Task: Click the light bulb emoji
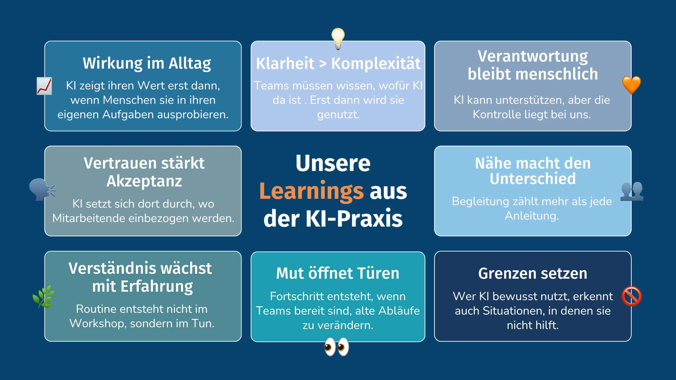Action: click(x=338, y=38)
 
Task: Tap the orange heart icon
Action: click(x=632, y=85)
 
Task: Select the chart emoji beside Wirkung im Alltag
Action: click(x=44, y=86)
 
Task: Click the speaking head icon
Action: click(x=42, y=190)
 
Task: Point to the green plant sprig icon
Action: click(x=44, y=296)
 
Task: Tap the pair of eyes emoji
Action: click(x=337, y=347)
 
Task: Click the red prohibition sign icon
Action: click(x=632, y=296)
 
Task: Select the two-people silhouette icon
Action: click(x=632, y=191)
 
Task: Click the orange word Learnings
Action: click(x=311, y=191)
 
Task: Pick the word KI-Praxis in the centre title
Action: click(x=354, y=218)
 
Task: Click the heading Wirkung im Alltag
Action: click(x=147, y=63)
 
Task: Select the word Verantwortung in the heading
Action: click(x=533, y=56)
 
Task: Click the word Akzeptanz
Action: click(x=144, y=181)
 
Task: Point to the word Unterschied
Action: click(x=533, y=179)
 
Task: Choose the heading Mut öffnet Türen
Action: click(x=338, y=273)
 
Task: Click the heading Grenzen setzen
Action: click(x=533, y=273)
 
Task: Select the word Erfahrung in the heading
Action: click(x=157, y=286)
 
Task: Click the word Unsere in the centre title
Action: click(x=333, y=163)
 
